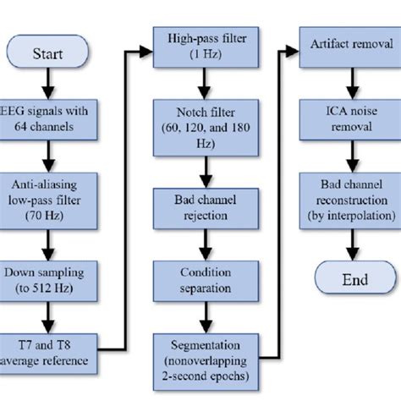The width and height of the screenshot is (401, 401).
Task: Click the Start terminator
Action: tap(47, 54)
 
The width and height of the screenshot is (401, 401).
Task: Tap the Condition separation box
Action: tap(199, 280)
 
